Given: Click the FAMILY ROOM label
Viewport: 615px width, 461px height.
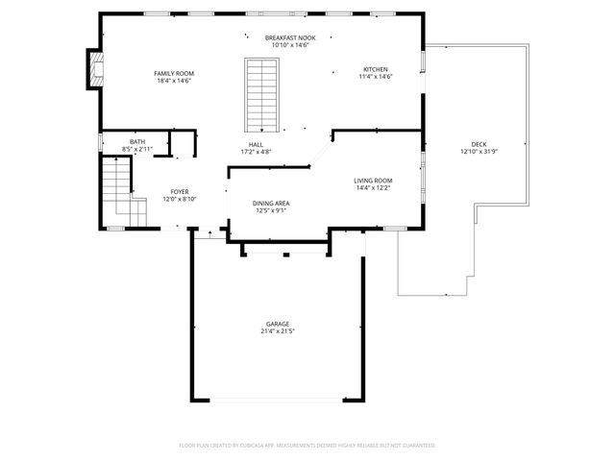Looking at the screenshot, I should click(x=175, y=73).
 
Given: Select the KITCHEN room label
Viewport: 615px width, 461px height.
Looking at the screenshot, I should click(x=375, y=68).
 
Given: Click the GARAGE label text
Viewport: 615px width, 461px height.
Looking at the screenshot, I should click(x=278, y=324).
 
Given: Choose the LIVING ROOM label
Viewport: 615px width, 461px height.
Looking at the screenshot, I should click(x=373, y=180).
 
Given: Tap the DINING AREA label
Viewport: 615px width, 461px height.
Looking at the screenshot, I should click(x=271, y=203).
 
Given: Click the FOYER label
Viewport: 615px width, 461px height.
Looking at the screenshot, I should click(x=180, y=192).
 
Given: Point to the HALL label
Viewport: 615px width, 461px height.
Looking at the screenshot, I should click(x=257, y=144).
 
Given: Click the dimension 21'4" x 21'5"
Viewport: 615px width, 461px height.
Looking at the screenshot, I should click(x=278, y=331).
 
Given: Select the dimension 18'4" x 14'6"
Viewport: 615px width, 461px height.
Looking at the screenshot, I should click(x=175, y=81).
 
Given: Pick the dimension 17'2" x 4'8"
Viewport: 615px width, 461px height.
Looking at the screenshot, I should click(x=257, y=152).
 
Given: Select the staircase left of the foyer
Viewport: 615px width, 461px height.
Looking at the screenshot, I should click(x=117, y=190).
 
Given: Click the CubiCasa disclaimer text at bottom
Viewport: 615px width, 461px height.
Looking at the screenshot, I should click(x=307, y=445).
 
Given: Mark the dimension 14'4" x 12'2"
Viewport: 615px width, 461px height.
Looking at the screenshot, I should click(x=373, y=187).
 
